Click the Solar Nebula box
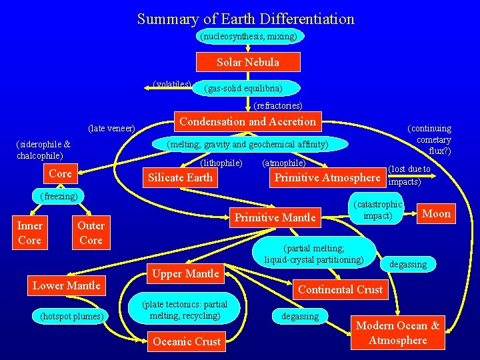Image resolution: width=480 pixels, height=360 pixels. (x=248, y=62)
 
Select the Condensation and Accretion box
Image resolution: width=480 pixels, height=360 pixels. (x=247, y=121)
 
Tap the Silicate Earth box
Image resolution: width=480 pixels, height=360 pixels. (x=180, y=177)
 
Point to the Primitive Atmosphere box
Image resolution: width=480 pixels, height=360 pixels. (x=327, y=177)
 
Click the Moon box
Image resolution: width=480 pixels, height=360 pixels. (x=437, y=213)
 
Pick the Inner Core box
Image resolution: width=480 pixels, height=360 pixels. (x=29, y=233)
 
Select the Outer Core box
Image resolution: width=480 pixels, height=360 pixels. (x=91, y=233)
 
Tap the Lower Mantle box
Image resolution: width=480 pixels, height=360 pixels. (x=67, y=285)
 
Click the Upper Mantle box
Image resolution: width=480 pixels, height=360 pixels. (x=185, y=273)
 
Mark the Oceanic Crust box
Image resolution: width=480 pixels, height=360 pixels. (x=187, y=341)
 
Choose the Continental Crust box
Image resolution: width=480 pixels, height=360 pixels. (x=340, y=289)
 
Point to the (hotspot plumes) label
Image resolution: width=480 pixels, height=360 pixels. (x=70, y=315)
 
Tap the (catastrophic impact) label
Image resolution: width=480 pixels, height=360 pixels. (x=378, y=210)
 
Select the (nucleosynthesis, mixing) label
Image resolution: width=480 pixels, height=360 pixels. (x=248, y=36)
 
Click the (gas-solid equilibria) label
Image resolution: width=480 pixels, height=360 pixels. (x=243, y=88)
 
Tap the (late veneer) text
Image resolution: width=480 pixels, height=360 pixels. (x=111, y=127)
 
